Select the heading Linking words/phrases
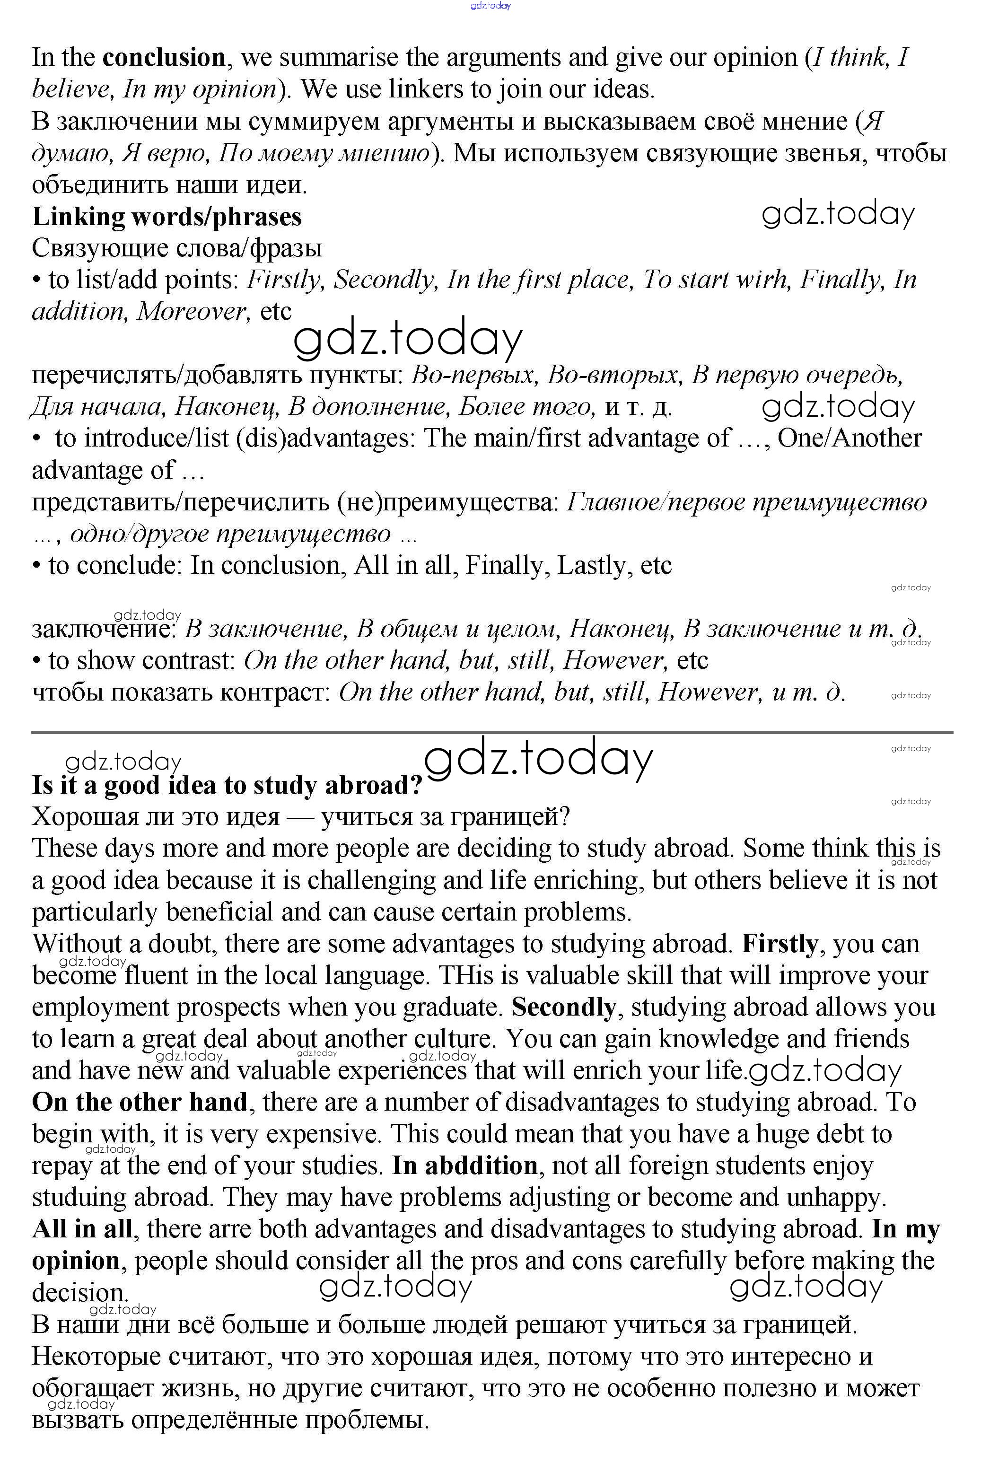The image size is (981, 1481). (x=166, y=217)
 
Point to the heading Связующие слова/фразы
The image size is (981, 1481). (x=176, y=248)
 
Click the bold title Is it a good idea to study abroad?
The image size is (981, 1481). (x=228, y=785)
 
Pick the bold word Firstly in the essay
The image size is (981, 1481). (x=780, y=944)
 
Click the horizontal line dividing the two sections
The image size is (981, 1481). (x=492, y=732)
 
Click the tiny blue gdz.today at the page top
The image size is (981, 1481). (x=490, y=6)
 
